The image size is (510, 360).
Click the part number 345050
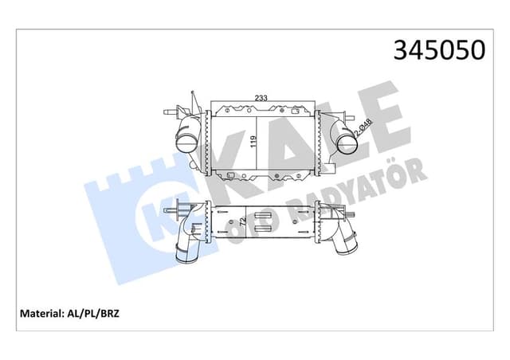[x=439, y=49]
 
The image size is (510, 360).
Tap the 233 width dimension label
[x=260, y=98]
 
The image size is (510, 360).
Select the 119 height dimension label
[x=253, y=142]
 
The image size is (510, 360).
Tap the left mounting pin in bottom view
[x=170, y=212]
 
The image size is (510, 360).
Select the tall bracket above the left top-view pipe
[x=194, y=102]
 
